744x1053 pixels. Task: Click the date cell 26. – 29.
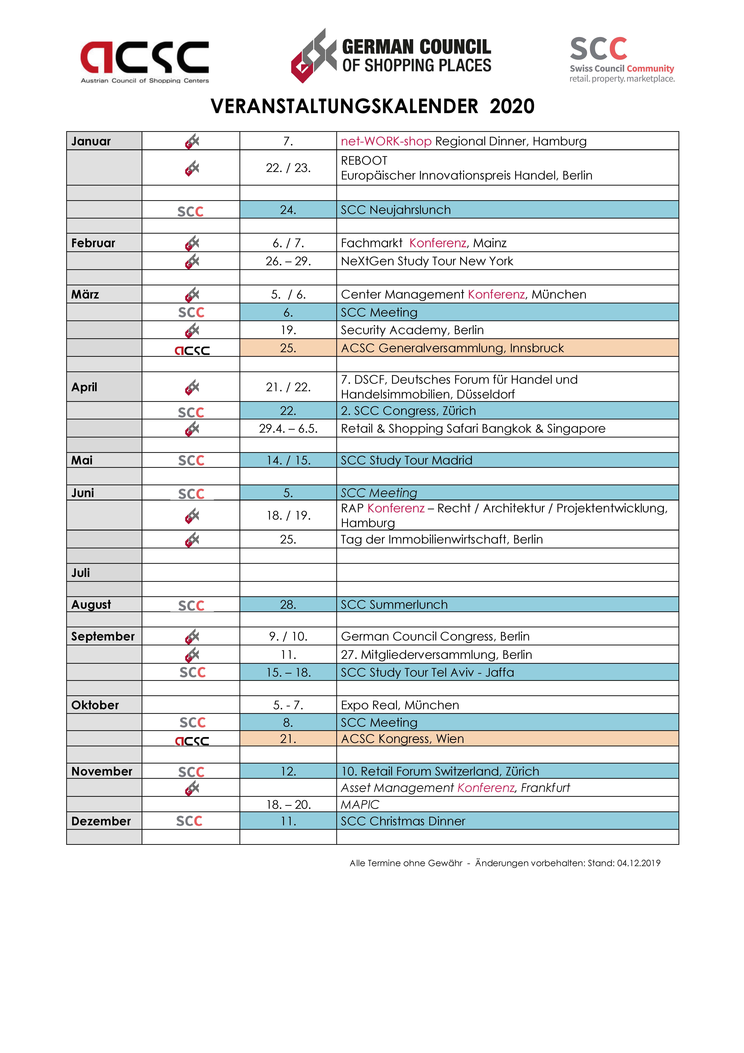pyautogui.click(x=288, y=261)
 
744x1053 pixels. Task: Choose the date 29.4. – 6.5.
pyautogui.click(x=288, y=428)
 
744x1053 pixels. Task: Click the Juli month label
pyautogui.click(x=81, y=573)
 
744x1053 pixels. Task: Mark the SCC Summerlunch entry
pyautogui.click(x=394, y=604)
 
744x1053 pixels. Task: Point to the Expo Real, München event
pyautogui.click(x=400, y=705)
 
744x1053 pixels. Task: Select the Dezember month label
pyautogui.click(x=101, y=821)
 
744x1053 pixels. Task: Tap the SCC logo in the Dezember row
pyautogui.click(x=189, y=821)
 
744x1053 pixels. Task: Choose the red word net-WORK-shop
pyautogui.click(x=386, y=141)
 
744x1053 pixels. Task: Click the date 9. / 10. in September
pyautogui.click(x=288, y=636)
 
